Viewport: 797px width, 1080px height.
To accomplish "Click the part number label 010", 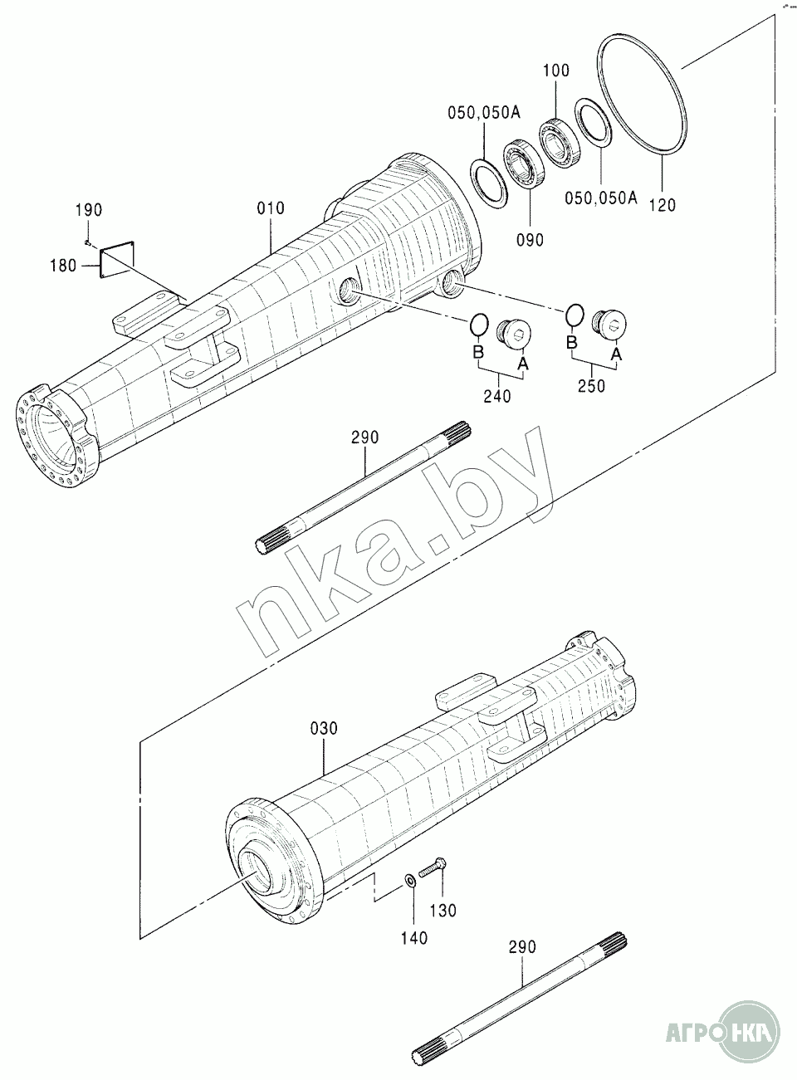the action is [x=271, y=208].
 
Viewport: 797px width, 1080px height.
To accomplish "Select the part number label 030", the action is [x=324, y=729].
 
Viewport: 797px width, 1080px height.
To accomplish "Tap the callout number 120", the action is [x=663, y=205].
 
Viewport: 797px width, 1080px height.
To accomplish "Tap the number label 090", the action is [x=530, y=240].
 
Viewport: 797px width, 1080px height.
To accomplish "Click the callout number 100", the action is [x=556, y=71].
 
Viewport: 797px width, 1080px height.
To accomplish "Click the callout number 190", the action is [x=89, y=210].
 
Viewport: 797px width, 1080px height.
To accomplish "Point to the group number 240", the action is [x=497, y=396].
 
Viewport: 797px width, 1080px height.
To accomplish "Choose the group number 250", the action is [x=591, y=386].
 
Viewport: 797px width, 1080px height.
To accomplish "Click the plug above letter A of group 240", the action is [x=513, y=333].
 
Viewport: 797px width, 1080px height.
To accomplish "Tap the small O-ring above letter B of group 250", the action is [x=575, y=314].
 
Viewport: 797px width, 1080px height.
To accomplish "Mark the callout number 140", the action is [x=414, y=938].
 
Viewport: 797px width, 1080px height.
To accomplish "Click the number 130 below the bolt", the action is [x=443, y=910].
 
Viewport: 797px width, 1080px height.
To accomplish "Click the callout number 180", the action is [x=63, y=266].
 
